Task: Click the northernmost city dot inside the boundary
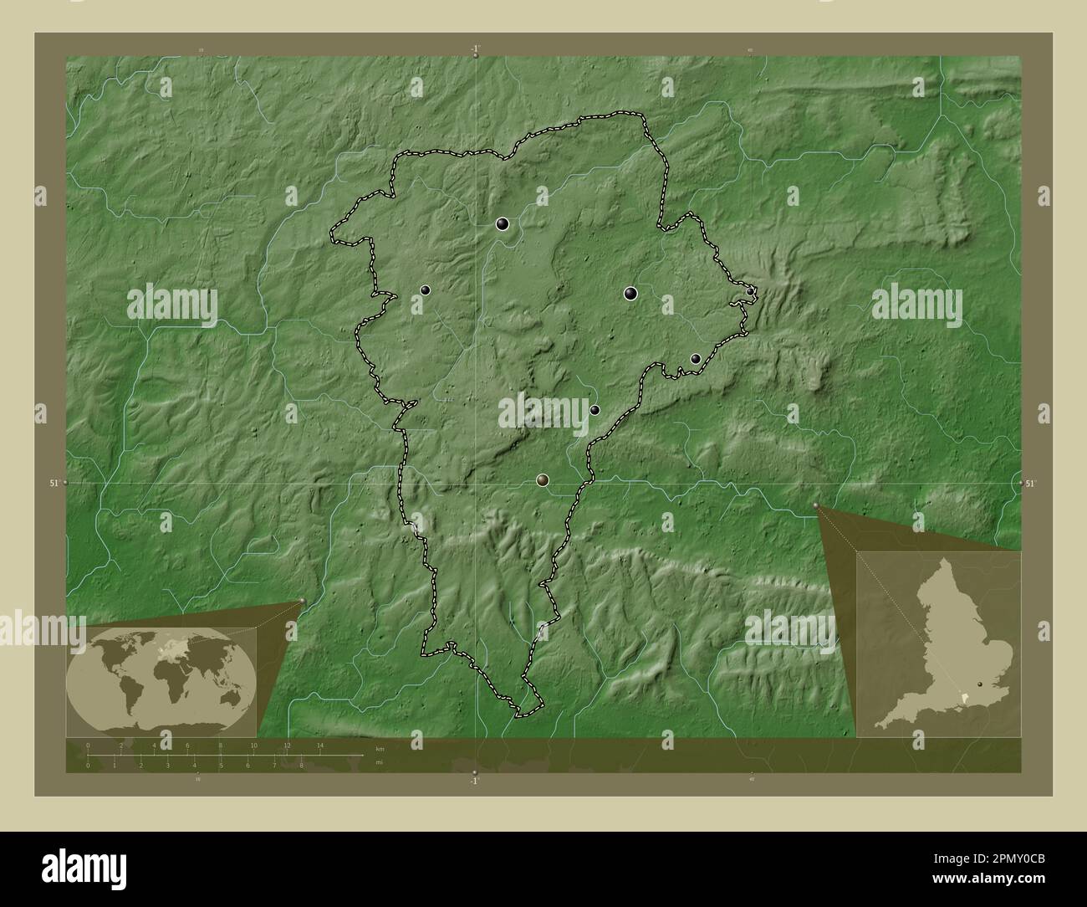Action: tap(503, 223)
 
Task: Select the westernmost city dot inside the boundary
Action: tap(426, 290)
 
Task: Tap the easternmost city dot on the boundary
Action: tap(751, 290)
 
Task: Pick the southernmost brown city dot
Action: tap(543, 479)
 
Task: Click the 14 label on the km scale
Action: tap(319, 745)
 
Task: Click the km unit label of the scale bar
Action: tap(380, 748)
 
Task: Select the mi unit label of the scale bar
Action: tap(379, 763)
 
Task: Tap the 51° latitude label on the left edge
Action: tap(54, 483)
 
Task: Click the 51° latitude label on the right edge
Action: tap(1031, 483)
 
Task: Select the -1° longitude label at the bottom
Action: tap(474, 781)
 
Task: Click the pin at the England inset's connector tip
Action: tap(816, 505)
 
